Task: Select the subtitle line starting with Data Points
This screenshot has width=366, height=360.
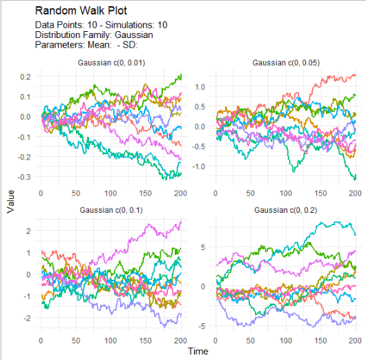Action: point(101,25)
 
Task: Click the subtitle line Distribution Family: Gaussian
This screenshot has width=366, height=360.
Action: point(93,35)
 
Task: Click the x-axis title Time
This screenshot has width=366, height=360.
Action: point(198,351)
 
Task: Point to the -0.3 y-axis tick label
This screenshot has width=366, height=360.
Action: point(26,178)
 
